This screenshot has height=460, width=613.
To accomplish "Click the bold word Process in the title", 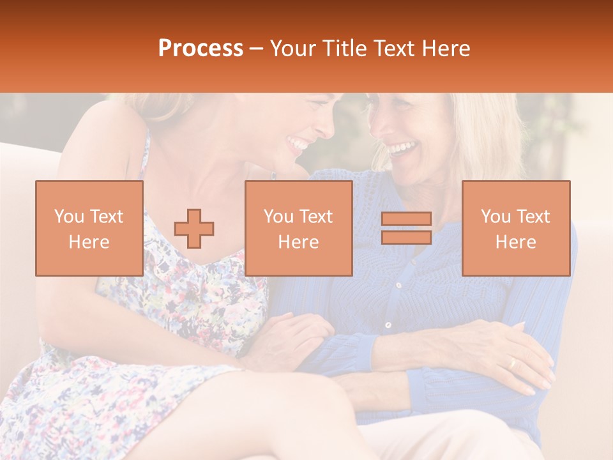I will pyautogui.click(x=201, y=49).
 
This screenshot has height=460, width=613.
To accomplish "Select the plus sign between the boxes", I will pyautogui.click(x=194, y=228).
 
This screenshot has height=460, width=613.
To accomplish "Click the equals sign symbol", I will pyautogui.click(x=406, y=228).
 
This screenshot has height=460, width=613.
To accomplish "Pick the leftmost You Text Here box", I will pyautogui.click(x=89, y=228).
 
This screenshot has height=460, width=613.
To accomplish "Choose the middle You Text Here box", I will pyautogui.click(x=299, y=228).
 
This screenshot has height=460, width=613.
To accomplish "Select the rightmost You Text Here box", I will pyautogui.click(x=516, y=228).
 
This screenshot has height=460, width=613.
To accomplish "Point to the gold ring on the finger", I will pyautogui.click(x=511, y=363).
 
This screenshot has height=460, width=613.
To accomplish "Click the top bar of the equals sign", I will pyautogui.click(x=406, y=219).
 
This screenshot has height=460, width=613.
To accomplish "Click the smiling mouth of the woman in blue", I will pyautogui.click(x=401, y=149).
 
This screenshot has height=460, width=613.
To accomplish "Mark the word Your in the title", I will pyautogui.click(x=294, y=49).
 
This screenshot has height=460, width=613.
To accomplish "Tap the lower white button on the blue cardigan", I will pyautogui.click(x=388, y=325).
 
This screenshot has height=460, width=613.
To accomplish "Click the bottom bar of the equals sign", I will pyautogui.click(x=406, y=237).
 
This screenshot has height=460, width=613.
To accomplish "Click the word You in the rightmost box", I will pyautogui.click(x=496, y=217).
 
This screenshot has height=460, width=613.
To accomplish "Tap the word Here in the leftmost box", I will pyautogui.click(x=89, y=242).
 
